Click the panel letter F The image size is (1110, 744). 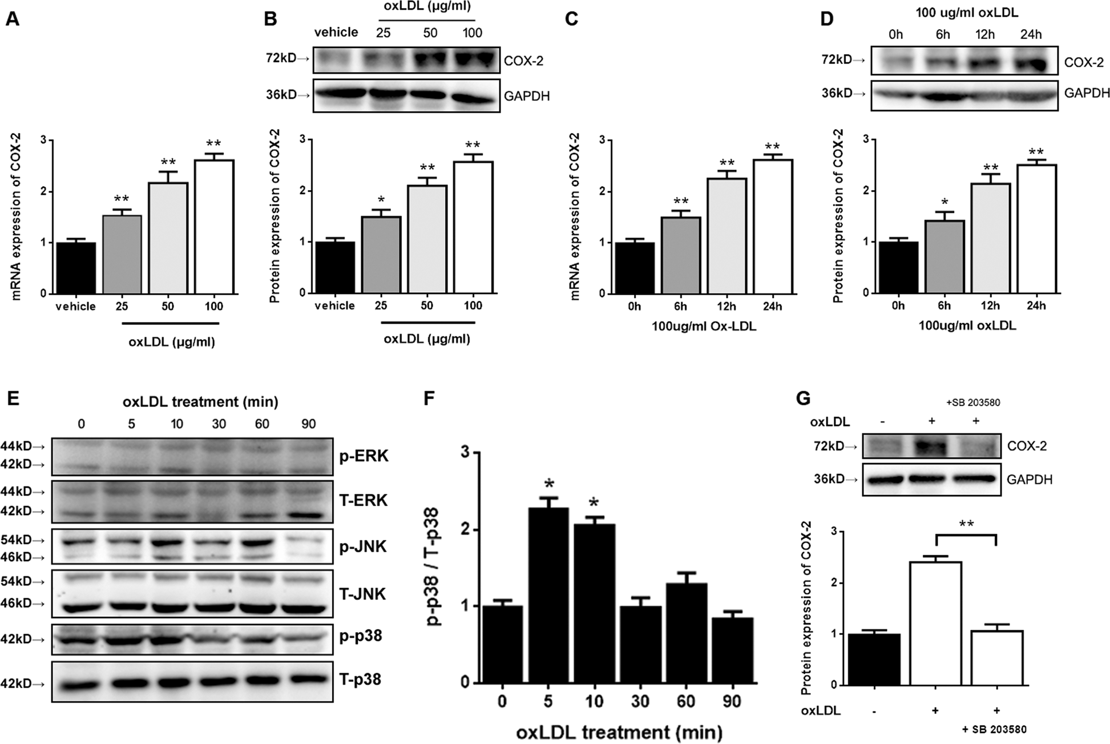(432, 399)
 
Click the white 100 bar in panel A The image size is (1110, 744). (214, 227)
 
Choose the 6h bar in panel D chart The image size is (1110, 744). (944, 256)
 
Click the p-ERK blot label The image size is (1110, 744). (364, 456)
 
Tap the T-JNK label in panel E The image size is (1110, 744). (362, 594)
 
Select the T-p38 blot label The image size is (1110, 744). (360, 679)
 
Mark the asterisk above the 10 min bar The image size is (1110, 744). (594, 503)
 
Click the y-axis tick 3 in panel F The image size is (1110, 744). (467, 453)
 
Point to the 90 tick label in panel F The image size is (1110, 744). (733, 701)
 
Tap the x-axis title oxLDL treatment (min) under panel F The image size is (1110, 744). (619, 731)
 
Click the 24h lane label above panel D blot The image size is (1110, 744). (1031, 35)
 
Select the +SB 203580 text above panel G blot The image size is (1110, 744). (972, 403)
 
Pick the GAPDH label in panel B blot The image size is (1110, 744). (526, 96)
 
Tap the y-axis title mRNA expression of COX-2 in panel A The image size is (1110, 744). (16, 217)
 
